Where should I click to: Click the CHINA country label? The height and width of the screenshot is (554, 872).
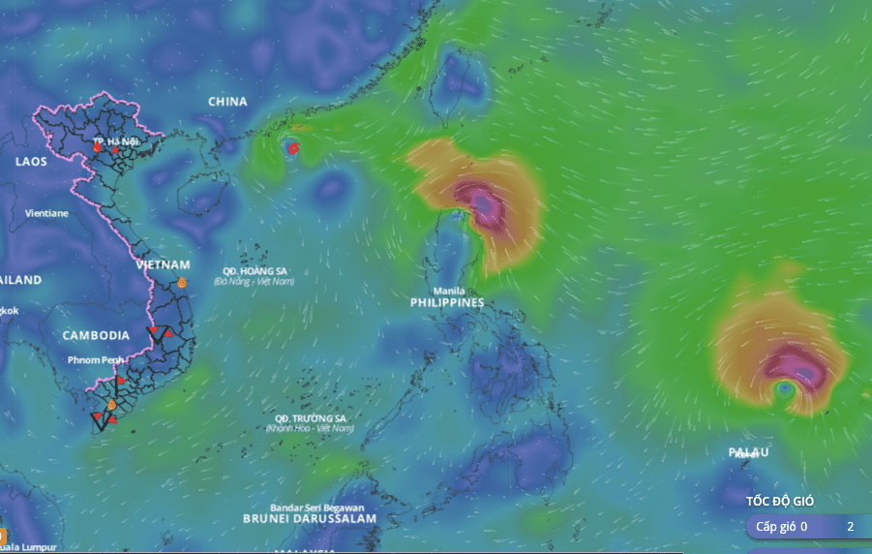click(227, 102)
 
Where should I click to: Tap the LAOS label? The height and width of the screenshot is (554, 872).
click(31, 162)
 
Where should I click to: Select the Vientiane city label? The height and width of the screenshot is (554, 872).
click(46, 212)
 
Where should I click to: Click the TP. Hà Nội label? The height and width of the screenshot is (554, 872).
click(116, 141)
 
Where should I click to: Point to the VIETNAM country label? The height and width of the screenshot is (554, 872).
click(163, 264)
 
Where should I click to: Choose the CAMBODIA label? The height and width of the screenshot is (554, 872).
click(96, 335)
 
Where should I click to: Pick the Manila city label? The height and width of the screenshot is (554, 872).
click(447, 291)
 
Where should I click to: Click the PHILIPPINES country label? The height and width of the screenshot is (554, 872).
click(447, 303)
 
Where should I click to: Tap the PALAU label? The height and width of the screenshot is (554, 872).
click(749, 452)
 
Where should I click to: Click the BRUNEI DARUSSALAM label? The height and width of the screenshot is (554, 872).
click(310, 519)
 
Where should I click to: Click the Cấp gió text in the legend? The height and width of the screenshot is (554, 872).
click(776, 527)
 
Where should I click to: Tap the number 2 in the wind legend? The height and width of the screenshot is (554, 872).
click(850, 527)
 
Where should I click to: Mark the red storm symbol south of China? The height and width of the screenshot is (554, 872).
click(293, 148)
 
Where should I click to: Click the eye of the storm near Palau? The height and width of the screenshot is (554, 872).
click(785, 389)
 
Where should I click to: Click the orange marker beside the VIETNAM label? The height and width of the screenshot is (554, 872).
click(181, 283)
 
